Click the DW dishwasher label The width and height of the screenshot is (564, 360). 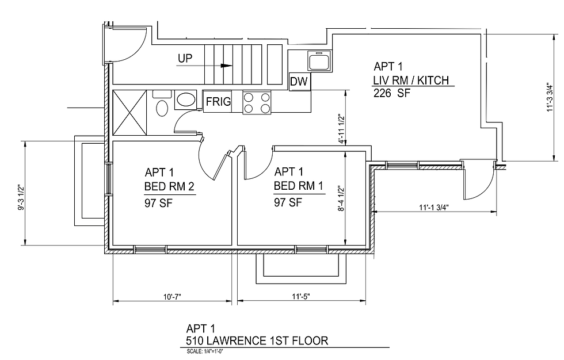(299, 82)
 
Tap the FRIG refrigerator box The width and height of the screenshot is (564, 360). (218, 102)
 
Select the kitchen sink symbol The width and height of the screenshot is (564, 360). (318, 60)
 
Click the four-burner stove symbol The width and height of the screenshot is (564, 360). (257, 103)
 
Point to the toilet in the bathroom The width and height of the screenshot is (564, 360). (162, 107)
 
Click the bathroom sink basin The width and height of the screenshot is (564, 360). (185, 99)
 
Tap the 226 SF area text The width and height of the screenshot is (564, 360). (392, 93)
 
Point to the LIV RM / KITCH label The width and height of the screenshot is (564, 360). (411, 80)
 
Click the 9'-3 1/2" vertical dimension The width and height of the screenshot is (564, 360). (21, 198)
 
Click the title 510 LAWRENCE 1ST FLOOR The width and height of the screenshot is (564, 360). (257, 340)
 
